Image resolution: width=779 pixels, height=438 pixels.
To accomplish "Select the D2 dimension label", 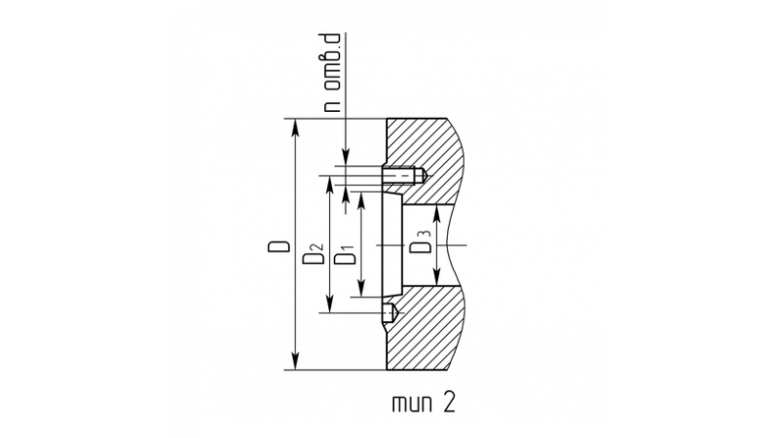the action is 314,253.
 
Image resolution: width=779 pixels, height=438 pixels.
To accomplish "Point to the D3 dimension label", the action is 421,241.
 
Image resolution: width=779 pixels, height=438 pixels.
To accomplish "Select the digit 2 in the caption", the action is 448,403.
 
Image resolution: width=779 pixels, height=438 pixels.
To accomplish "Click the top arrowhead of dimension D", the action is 296,128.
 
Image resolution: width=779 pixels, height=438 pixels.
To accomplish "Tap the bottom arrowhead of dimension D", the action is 296,361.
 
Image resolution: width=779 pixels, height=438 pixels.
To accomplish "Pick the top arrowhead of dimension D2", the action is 329,184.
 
